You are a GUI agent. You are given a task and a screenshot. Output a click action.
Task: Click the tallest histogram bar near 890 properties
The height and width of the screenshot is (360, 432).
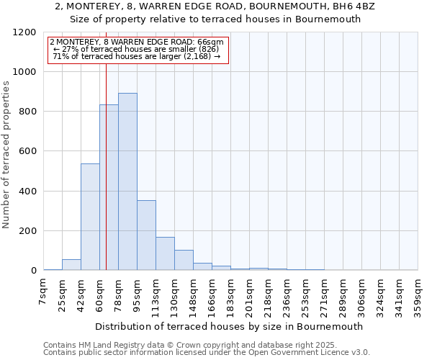point(127,181)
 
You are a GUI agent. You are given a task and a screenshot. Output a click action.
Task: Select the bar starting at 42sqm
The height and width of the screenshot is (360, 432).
point(90,217)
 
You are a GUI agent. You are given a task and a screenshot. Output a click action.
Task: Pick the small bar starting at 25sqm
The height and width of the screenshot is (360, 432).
point(71,264)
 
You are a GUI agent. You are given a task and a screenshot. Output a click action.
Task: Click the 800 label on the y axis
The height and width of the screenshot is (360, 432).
point(27,112)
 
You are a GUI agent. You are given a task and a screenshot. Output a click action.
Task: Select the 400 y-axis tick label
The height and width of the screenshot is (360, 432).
point(27,192)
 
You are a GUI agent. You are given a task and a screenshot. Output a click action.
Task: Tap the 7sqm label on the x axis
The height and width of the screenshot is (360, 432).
point(43,293)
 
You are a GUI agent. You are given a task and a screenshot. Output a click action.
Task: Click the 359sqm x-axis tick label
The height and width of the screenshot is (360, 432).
point(418,297)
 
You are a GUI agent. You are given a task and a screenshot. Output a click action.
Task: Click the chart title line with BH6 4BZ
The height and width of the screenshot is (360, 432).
point(215,6)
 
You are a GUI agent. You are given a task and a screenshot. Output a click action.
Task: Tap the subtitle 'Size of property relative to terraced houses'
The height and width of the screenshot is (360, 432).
point(215,19)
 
